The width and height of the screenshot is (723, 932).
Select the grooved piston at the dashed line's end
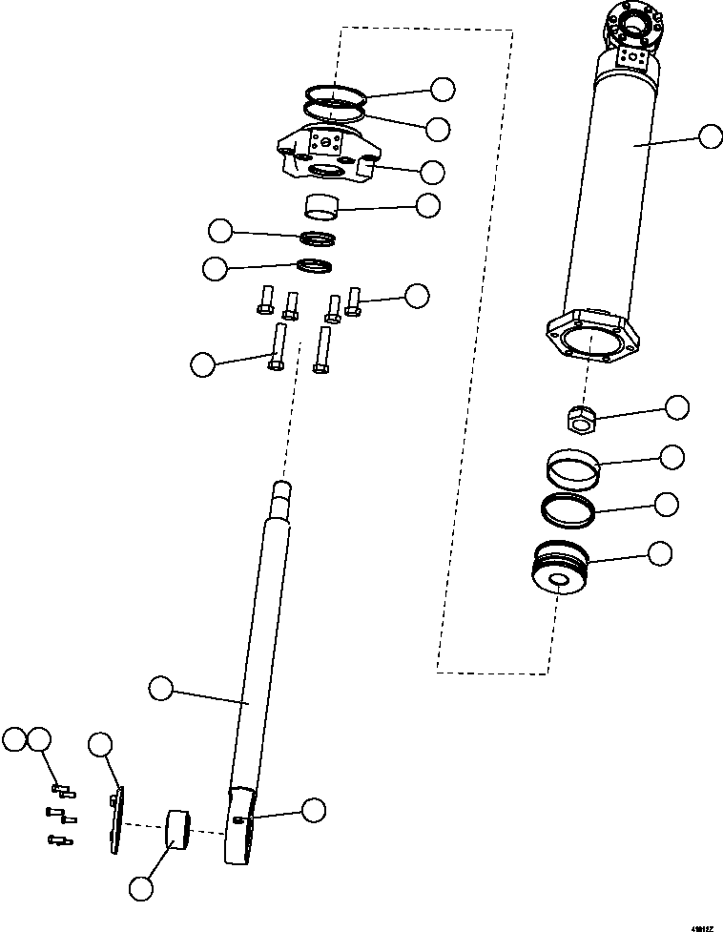[561, 570]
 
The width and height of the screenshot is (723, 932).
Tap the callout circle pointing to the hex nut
[677, 407]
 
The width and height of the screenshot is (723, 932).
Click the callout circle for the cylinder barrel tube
[711, 136]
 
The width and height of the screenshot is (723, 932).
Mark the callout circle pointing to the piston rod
[161, 687]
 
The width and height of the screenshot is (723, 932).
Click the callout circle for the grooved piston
[660, 552]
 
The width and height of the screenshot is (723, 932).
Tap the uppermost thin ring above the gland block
[335, 93]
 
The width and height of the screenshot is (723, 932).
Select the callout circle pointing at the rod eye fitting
[313, 810]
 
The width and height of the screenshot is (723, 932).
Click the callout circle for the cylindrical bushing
[141, 888]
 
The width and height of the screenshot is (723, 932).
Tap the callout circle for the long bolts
[203, 364]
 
